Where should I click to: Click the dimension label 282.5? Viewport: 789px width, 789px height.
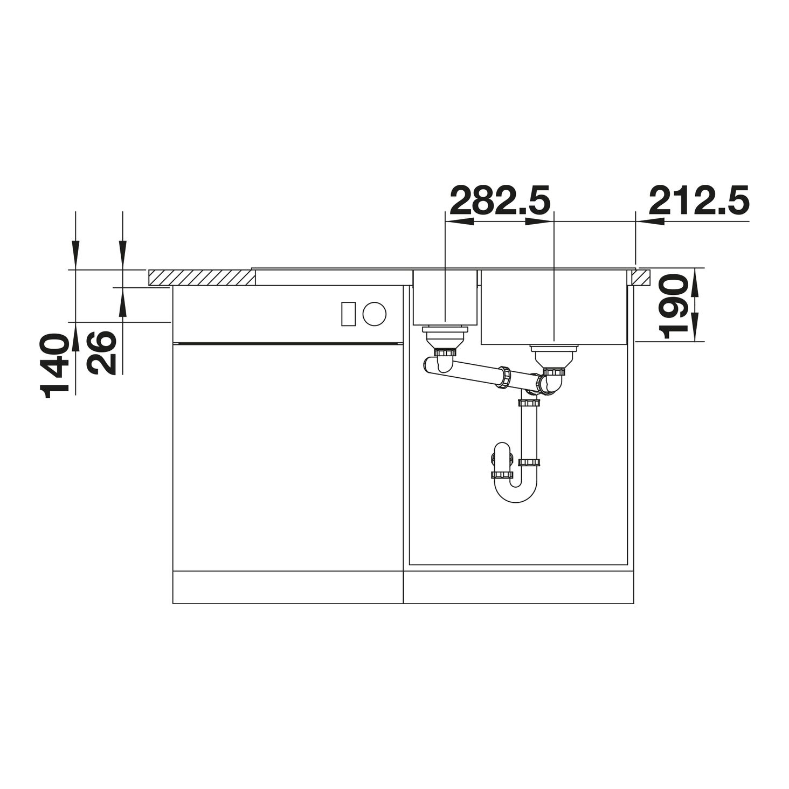[500, 200]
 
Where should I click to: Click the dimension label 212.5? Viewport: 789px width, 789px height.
[699, 200]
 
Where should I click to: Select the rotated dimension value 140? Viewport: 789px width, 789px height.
[54, 365]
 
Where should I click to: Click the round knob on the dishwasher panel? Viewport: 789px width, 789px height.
[374, 314]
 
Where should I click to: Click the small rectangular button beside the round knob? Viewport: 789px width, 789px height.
[349, 314]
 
